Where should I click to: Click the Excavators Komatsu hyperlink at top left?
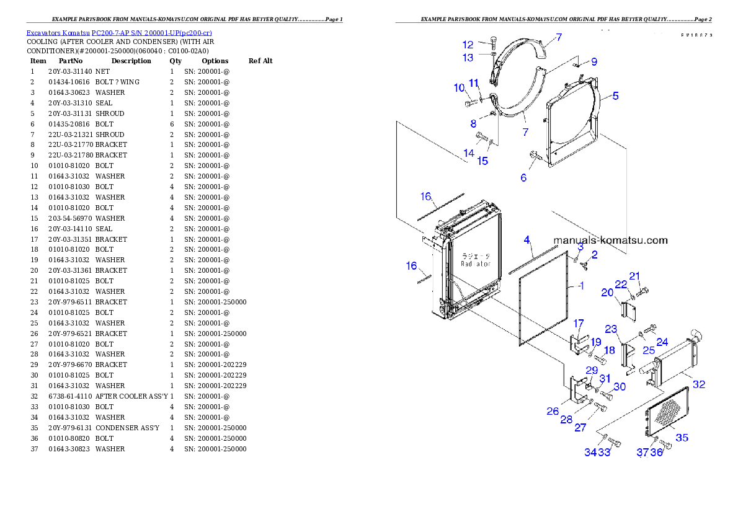coord(119,33)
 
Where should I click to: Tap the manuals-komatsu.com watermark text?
coord(610,241)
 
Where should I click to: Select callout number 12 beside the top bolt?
coord(468,45)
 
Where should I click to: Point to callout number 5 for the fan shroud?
coord(615,96)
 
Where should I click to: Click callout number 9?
coord(594,61)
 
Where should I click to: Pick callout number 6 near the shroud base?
coord(523,177)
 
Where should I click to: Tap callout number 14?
coord(469,153)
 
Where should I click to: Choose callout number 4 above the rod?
coord(527,239)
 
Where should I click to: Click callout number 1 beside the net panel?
coord(580,286)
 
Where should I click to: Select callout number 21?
coord(634,276)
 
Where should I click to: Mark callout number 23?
coord(611,329)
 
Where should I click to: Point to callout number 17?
coord(578,323)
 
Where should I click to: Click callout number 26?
coord(553,410)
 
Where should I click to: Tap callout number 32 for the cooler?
coord(699,384)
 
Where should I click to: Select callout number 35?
coord(682,438)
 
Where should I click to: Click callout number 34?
coord(590,453)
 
